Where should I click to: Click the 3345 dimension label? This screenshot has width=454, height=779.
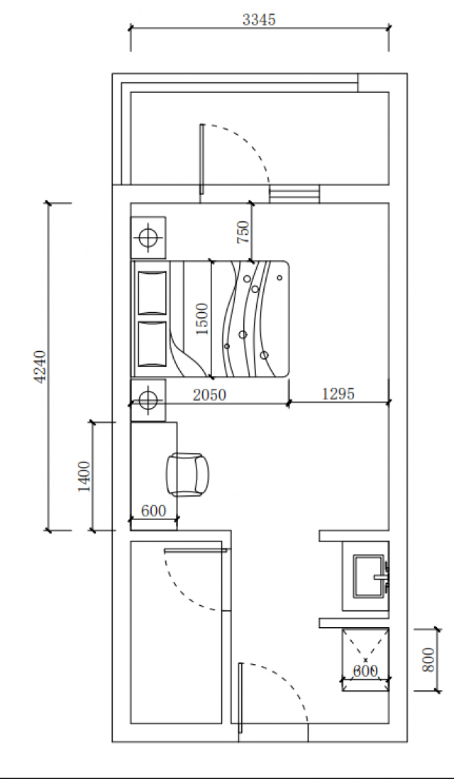click(259, 19)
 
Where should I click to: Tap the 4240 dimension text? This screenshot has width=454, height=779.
click(40, 367)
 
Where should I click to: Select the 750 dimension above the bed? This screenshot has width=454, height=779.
click(243, 232)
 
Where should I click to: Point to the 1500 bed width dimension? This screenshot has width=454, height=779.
click(201, 319)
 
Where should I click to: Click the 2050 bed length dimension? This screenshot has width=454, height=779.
click(209, 395)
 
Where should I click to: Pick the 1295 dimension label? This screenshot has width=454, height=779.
click(338, 394)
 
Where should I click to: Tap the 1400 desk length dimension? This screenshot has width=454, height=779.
click(84, 477)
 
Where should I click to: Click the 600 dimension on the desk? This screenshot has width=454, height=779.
click(153, 511)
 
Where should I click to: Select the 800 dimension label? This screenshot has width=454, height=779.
click(428, 659)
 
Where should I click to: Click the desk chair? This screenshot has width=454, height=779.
click(187, 475)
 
